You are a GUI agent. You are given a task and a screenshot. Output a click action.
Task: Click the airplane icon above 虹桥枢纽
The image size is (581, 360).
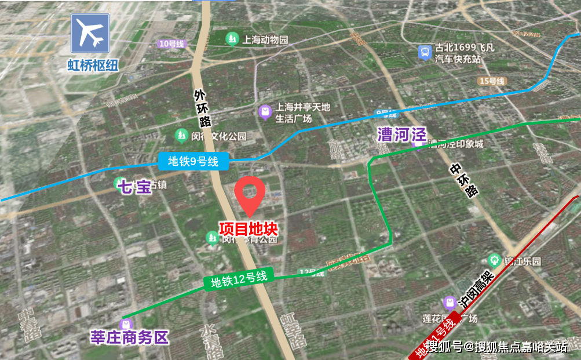[x=90, y=34]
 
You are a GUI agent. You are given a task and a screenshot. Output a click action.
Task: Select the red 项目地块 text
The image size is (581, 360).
[x=249, y=228]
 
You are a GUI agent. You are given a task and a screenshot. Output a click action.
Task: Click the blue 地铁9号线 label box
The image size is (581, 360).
[x=193, y=162]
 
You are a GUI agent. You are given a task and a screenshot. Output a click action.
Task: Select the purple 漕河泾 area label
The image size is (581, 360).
[x=401, y=134]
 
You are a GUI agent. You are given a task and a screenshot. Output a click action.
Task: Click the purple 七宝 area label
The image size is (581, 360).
[x=134, y=187]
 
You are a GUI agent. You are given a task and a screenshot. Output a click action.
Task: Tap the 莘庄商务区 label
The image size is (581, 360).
[x=129, y=337]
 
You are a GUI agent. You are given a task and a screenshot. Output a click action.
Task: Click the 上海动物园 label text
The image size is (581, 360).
[x=265, y=40]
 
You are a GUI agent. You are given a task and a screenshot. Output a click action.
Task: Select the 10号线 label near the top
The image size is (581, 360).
[x=171, y=43]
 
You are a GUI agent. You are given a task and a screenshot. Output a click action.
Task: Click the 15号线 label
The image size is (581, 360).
[x=492, y=81]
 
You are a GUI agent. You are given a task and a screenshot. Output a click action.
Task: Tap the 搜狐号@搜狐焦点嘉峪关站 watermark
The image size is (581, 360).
[x=496, y=347]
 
